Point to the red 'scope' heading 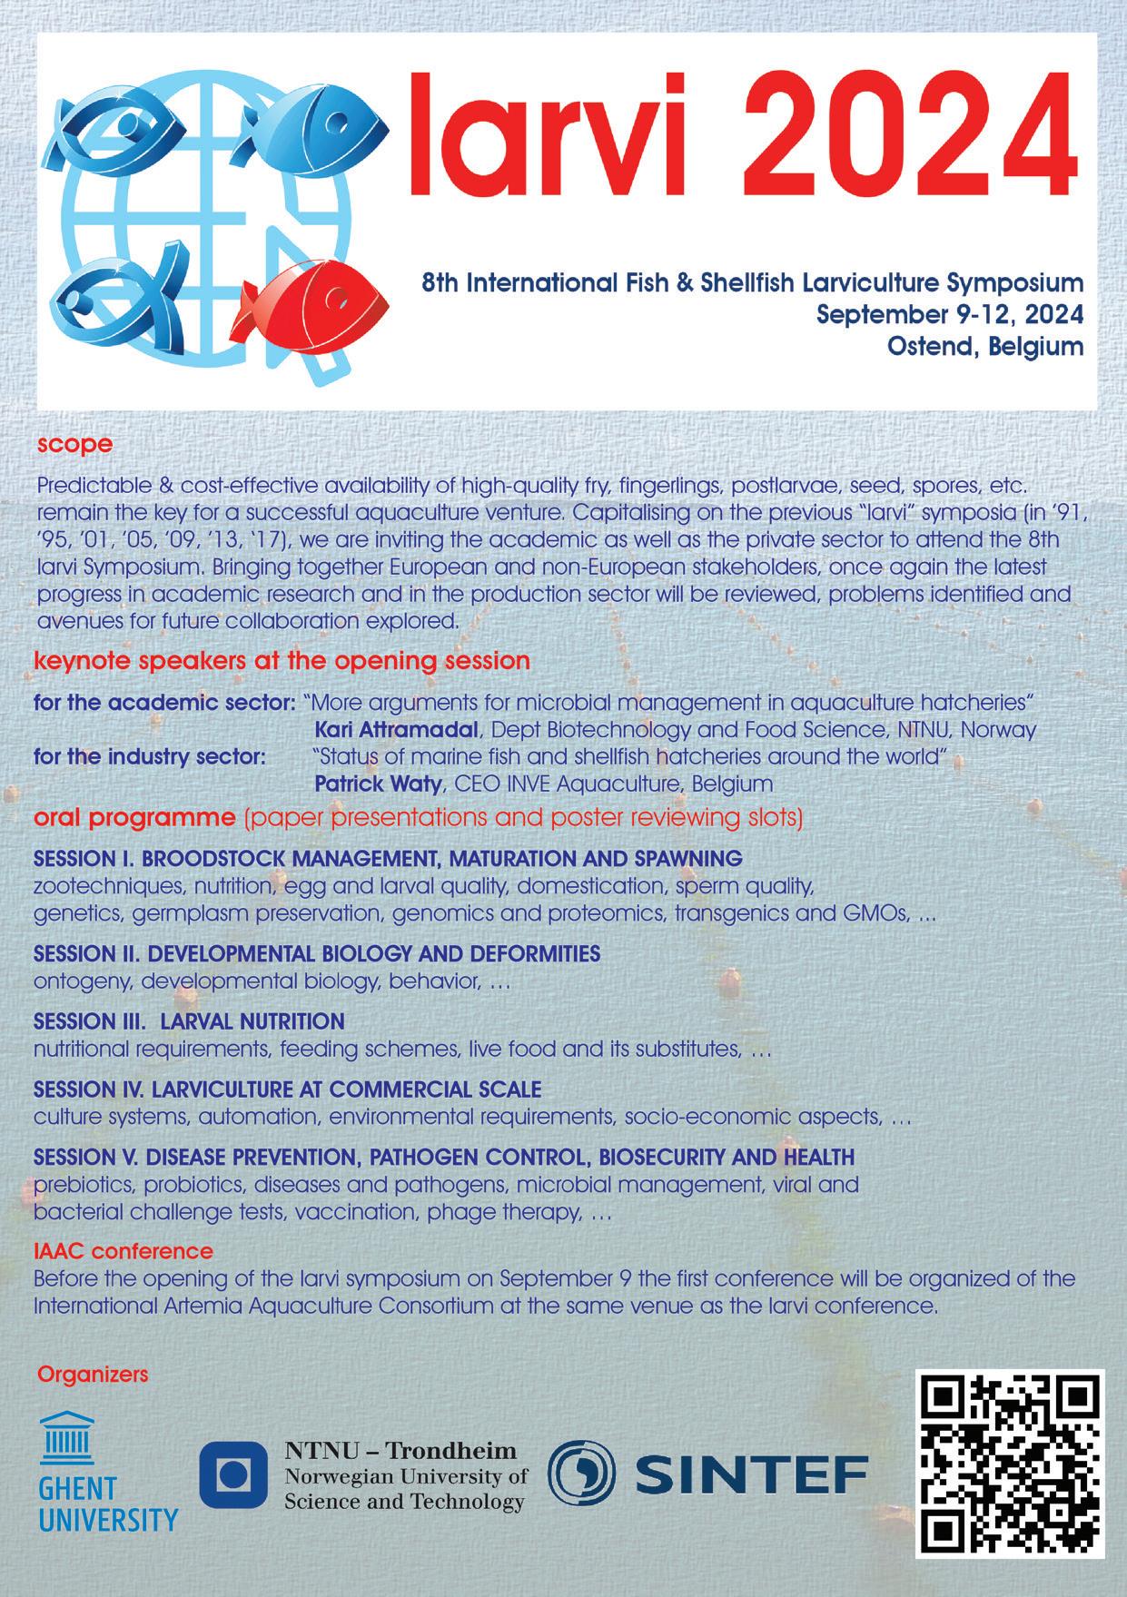pyautogui.click(x=74, y=445)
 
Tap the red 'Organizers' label pyautogui.click(x=93, y=1375)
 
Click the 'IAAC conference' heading pyautogui.click(x=124, y=1252)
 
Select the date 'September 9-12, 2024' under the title pyautogui.click(x=950, y=314)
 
